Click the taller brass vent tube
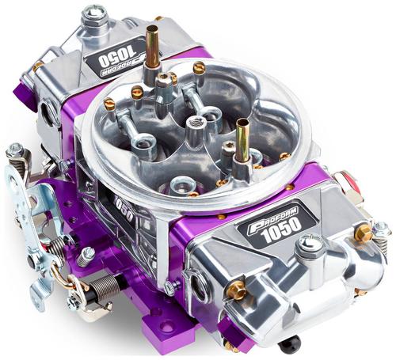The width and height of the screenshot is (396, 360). tap(153, 47)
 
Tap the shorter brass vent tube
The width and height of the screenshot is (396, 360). tap(242, 140)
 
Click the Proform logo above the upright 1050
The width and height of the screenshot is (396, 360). tap(272, 218)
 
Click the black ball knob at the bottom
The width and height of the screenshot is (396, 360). tap(290, 344)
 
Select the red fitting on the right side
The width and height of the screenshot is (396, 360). tap(351, 181)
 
